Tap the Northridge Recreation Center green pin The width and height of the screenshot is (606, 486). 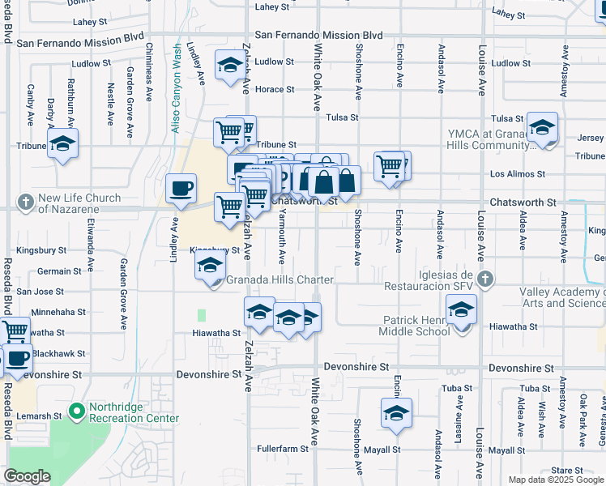point(77,411)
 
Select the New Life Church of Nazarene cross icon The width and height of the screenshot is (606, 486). point(25,201)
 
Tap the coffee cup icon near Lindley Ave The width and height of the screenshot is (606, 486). point(181,189)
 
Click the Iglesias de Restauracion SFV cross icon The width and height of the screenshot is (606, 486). point(484,279)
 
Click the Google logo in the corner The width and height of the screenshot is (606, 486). point(27,476)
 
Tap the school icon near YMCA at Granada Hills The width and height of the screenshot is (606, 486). point(542,127)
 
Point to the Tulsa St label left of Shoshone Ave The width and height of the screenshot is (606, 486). point(342,117)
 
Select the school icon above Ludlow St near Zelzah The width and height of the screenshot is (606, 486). point(231,65)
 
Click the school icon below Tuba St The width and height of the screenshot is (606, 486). point(396,413)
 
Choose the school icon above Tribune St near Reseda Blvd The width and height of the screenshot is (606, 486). point(62,145)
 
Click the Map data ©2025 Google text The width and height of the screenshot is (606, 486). point(555,480)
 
